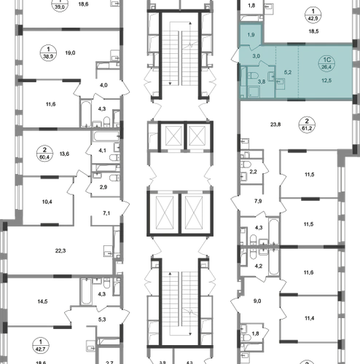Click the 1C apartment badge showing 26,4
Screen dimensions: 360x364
pos(326,63)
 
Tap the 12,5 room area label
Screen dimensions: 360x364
pos(326,80)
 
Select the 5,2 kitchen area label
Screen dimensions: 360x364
pos(288,72)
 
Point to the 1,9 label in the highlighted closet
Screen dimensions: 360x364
pos(251,35)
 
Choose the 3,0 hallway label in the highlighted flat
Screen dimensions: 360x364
pos(256,56)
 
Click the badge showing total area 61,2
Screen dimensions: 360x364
pos(307,124)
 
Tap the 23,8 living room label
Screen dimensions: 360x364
pos(275,124)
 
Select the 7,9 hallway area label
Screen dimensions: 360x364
pos(258,201)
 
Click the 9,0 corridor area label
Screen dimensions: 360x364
pos(257,301)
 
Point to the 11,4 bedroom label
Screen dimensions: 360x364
pos(309,318)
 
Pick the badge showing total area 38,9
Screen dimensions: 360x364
pos(48,52)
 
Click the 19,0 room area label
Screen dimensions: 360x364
pos(70,52)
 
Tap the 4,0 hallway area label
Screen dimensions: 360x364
pos(103,85)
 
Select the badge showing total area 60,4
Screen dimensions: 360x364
pos(44,153)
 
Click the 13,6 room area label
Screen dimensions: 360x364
pos(64,154)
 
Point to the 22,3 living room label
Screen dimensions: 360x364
pos(60,250)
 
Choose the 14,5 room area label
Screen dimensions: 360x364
pos(42,301)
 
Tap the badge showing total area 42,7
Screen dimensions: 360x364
pos(41,346)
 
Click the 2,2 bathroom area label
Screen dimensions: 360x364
pos(253,172)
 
